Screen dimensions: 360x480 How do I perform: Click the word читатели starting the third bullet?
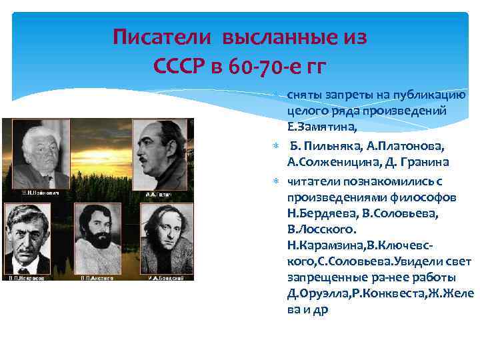tap(312, 180)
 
